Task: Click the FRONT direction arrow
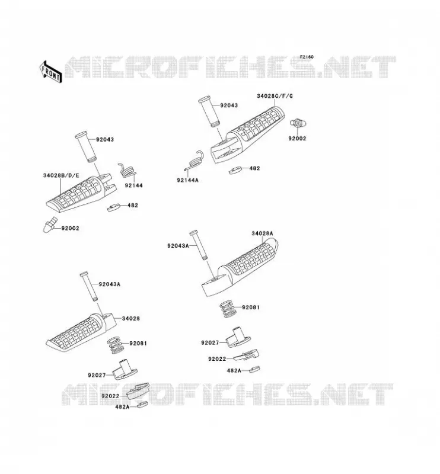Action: click(x=51, y=72)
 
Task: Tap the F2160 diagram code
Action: click(x=307, y=57)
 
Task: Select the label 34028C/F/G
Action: click(x=275, y=96)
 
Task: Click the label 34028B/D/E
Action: click(x=61, y=175)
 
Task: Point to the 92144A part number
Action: click(x=187, y=180)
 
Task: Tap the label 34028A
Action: click(x=262, y=233)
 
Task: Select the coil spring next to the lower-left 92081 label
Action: click(x=116, y=345)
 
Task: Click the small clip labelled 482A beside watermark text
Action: click(x=142, y=405)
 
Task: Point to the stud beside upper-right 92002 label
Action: click(x=298, y=123)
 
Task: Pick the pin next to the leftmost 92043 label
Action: click(x=86, y=147)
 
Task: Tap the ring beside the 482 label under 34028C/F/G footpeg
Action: click(x=235, y=170)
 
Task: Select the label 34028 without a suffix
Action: click(x=131, y=318)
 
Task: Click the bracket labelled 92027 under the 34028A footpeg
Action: click(x=238, y=337)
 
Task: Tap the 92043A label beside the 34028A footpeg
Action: click(x=178, y=246)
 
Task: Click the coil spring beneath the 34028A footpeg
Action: click(x=228, y=309)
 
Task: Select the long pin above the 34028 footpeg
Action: click(x=89, y=286)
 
